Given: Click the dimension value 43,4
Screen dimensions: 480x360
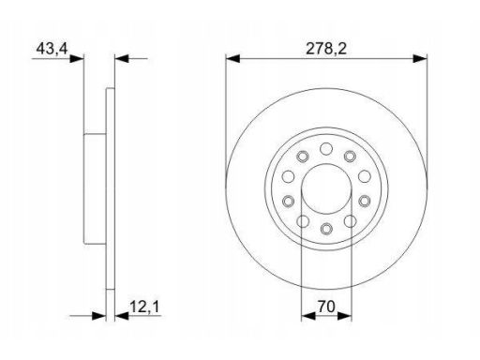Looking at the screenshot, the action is click(x=52, y=49).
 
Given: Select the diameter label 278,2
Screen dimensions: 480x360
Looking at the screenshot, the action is click(x=326, y=49).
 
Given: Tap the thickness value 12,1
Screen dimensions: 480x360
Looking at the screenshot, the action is click(x=144, y=307).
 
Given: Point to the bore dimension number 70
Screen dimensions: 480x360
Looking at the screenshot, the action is click(x=326, y=307).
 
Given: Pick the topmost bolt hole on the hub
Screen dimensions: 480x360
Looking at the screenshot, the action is click(x=326, y=148).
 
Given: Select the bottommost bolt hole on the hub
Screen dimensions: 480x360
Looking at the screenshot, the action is click(x=326, y=229).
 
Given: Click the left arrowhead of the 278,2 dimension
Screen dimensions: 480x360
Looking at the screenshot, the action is click(x=232, y=58).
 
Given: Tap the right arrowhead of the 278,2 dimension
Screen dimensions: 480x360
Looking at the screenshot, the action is click(x=420, y=58).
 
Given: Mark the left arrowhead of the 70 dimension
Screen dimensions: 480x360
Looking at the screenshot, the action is click(x=308, y=316).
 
